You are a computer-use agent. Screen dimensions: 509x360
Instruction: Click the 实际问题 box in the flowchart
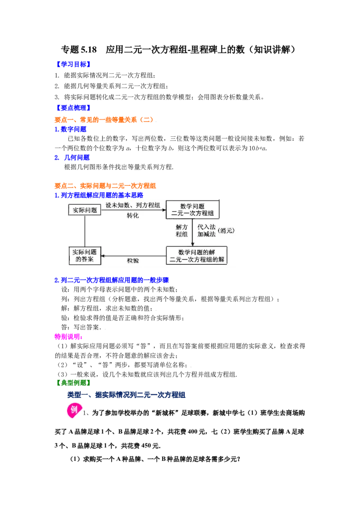(x=85, y=210)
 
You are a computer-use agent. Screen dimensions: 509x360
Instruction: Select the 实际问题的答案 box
(x=85, y=255)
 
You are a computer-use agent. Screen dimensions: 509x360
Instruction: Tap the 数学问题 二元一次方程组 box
(x=193, y=210)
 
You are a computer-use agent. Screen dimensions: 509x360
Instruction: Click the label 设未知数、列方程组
(x=133, y=205)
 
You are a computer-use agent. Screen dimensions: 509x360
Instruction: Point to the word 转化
(x=133, y=215)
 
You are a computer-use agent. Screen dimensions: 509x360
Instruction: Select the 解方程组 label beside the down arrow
(x=182, y=231)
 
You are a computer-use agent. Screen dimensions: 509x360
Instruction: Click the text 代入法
(x=207, y=227)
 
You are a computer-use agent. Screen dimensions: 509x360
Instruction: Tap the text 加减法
(x=207, y=235)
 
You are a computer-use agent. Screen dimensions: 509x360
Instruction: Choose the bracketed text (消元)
(x=226, y=231)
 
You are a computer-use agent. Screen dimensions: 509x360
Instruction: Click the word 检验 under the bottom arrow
(x=133, y=261)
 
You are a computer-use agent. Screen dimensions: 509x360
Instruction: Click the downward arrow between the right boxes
(x=193, y=232)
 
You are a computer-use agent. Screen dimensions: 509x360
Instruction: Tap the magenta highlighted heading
(x=68, y=336)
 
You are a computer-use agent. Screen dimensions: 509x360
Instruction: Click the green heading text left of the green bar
(x=72, y=383)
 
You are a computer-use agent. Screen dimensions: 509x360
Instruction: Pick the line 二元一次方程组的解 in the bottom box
(x=197, y=260)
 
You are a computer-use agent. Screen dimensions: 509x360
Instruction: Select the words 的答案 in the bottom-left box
(x=85, y=260)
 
